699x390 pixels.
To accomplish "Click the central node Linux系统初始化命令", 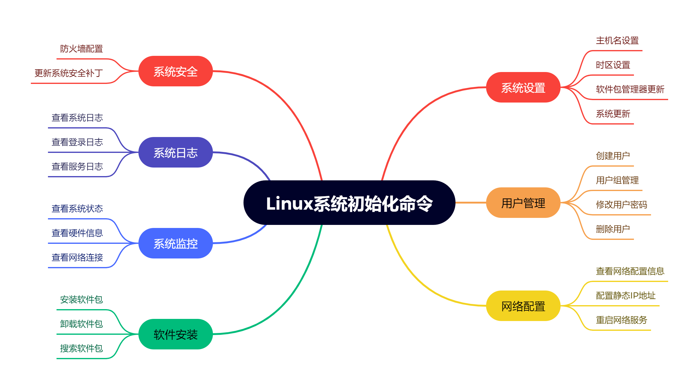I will click(x=349, y=203).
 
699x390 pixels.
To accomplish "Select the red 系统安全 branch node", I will click(x=175, y=71).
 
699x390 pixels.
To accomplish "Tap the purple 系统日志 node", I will click(x=175, y=153).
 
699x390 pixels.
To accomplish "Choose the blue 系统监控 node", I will click(x=175, y=244).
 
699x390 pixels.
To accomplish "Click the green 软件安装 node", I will click(x=175, y=334).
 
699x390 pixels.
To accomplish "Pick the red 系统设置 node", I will click(x=523, y=88).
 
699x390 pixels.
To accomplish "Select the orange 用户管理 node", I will click(x=523, y=203).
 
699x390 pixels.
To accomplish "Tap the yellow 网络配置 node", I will click(x=523, y=306).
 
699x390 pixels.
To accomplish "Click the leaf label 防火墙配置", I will click(x=81, y=49).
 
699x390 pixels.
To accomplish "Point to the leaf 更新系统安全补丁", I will click(x=68, y=73).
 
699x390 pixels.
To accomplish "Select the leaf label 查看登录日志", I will click(x=77, y=142).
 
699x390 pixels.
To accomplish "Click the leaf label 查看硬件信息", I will click(x=77, y=233).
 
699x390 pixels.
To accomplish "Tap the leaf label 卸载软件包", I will click(x=81, y=324).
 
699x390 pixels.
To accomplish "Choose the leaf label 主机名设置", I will click(x=617, y=41).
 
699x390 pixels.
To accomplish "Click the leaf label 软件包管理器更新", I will click(x=630, y=89).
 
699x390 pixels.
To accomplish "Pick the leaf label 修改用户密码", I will click(x=621, y=205).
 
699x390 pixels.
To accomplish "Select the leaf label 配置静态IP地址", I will click(x=626, y=296).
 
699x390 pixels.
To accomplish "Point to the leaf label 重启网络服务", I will click(x=621, y=320).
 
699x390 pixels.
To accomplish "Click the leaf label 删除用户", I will click(x=613, y=229).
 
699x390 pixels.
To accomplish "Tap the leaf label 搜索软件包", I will click(x=81, y=348).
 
